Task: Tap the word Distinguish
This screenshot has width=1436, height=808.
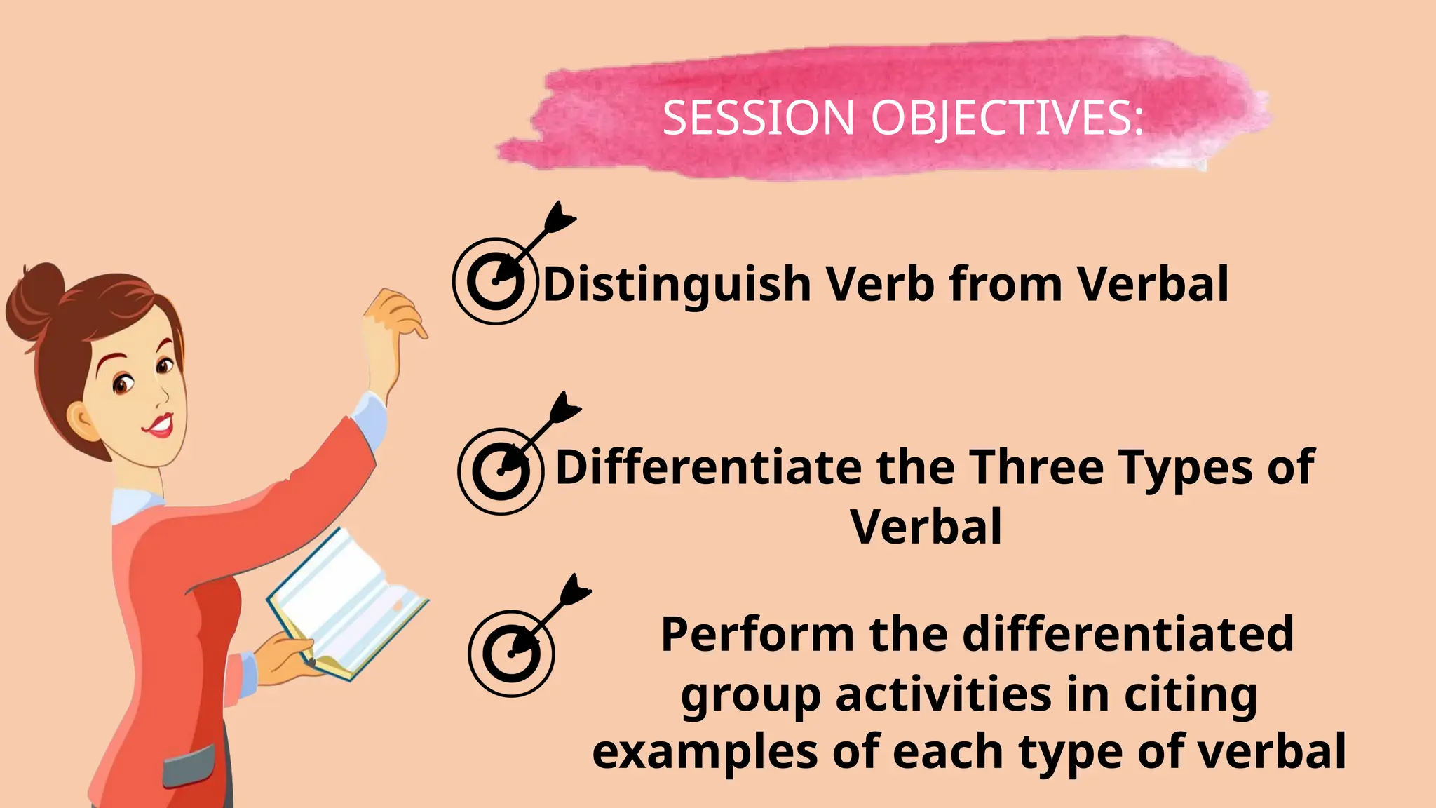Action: tap(677, 285)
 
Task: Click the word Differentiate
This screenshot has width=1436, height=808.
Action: tap(708, 467)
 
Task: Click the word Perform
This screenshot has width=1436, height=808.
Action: tap(757, 635)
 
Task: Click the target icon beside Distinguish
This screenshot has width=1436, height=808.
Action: tap(496, 281)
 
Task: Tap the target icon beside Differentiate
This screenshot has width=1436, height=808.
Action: tap(501, 471)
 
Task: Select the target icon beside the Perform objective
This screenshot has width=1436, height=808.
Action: tap(511, 653)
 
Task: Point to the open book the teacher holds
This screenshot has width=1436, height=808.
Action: tap(347, 604)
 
